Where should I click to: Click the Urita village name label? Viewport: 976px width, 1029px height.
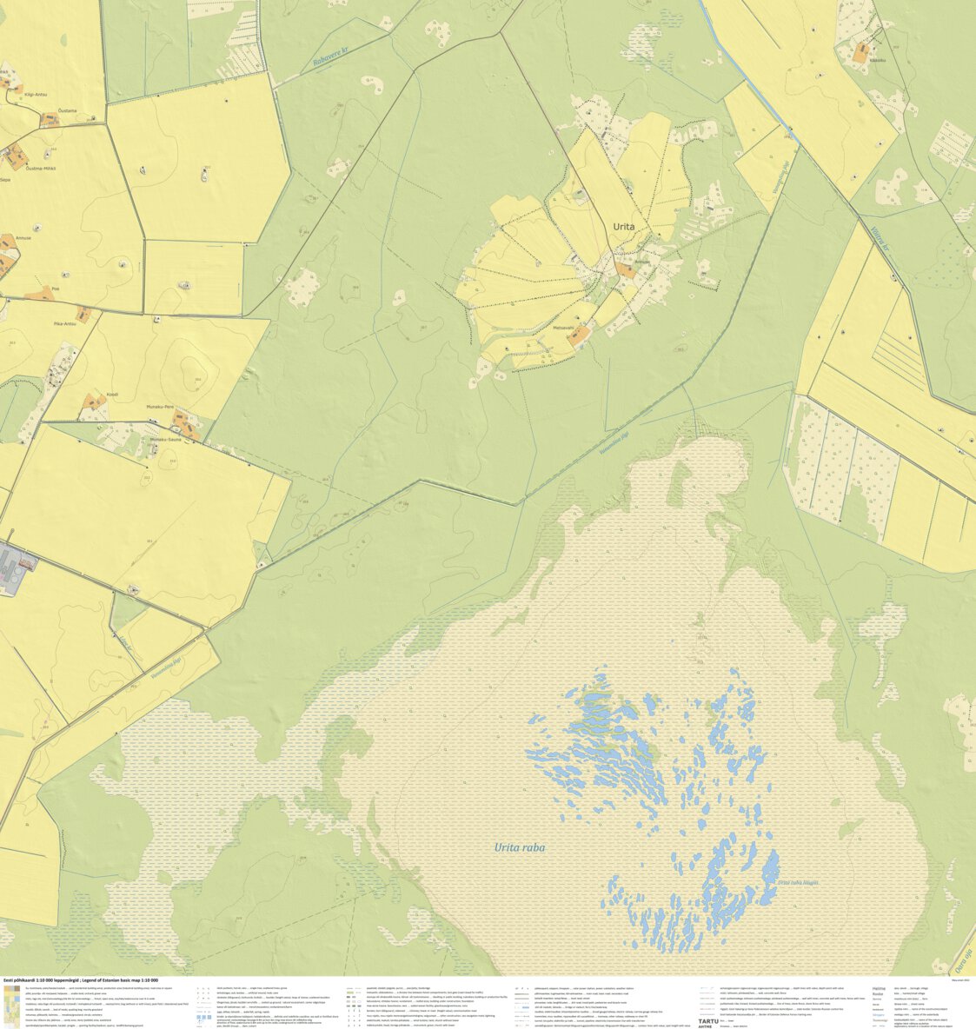point(623,227)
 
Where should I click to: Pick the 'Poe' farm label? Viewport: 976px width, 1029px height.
point(56,289)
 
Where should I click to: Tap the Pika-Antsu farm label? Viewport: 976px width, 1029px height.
point(65,323)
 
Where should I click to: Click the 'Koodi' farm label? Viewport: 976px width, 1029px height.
point(112,395)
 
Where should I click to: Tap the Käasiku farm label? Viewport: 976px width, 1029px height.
point(877,60)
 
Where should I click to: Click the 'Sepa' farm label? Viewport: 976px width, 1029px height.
point(5,181)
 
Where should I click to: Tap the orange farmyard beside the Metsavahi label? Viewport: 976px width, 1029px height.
point(583,334)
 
